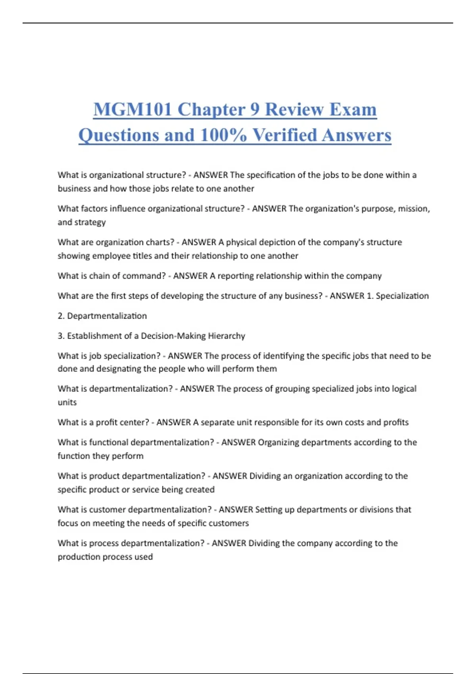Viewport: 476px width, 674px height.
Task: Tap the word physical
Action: point(242,242)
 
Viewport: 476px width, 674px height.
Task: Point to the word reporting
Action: point(236,276)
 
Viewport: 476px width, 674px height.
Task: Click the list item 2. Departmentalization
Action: point(102,316)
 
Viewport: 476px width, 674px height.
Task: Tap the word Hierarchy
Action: point(226,336)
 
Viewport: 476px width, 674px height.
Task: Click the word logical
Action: point(404,389)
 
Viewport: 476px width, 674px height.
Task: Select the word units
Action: point(67,402)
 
